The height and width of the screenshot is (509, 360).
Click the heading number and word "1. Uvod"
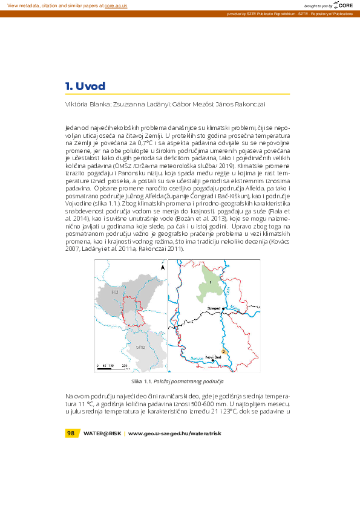click(x=85, y=86)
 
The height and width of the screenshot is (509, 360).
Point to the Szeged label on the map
click(x=213, y=308)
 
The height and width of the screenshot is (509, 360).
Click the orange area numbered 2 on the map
click(x=224, y=351)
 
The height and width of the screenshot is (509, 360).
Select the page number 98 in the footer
click(x=71, y=433)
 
